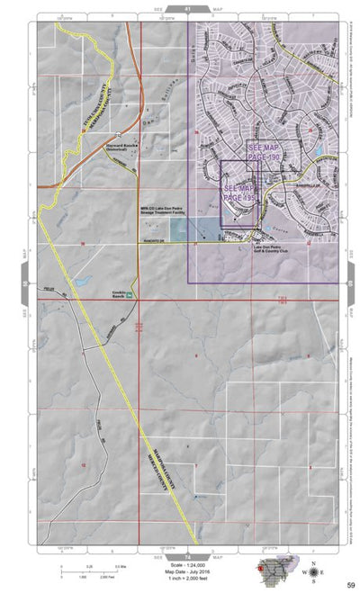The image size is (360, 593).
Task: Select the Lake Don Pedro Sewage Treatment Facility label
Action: click(x=172, y=209)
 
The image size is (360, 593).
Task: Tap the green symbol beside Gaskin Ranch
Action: click(x=130, y=293)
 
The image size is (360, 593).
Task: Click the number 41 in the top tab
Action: click(x=187, y=7)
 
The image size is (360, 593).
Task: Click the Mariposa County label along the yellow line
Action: click(x=161, y=458)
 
